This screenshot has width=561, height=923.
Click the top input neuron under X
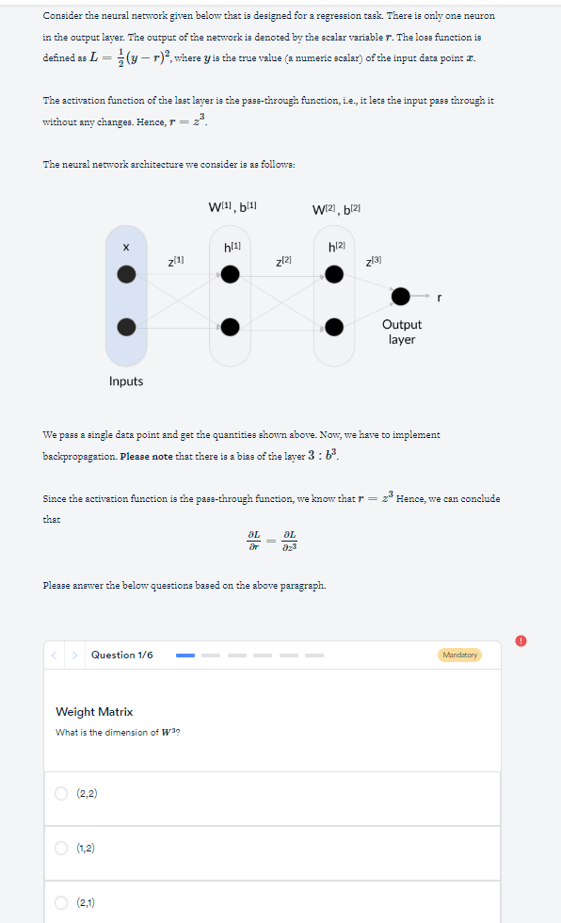point(126,274)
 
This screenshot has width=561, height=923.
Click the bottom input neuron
point(126,327)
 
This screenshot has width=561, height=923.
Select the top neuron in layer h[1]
point(231,274)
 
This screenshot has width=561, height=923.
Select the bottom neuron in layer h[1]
point(231,327)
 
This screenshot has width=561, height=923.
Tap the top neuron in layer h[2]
point(334,274)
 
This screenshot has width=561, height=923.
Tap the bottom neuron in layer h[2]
point(334,327)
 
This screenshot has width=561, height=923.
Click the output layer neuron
point(401,297)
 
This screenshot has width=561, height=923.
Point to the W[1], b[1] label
point(232,206)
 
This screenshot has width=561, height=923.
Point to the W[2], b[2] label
point(336,207)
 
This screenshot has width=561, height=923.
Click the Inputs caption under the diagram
point(126,381)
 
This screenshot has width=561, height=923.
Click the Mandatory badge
point(459,655)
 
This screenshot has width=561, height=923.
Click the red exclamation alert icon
point(521,640)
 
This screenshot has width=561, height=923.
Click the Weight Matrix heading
point(94,712)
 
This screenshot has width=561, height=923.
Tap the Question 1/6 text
point(121,655)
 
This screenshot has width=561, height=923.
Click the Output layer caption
point(402,332)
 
